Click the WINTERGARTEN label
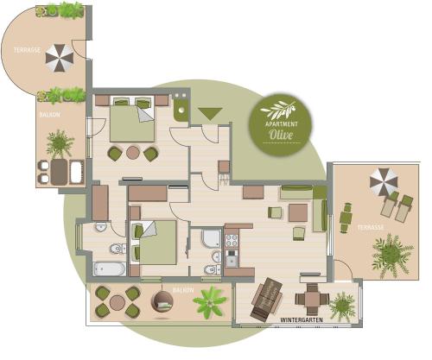point(302,319)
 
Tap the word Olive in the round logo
point(281,135)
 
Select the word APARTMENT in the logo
point(282,124)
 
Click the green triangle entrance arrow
point(210,113)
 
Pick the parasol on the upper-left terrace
point(60,58)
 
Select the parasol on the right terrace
point(384,182)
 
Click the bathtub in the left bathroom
point(110,268)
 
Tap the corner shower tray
point(212,238)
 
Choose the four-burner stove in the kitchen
point(232,241)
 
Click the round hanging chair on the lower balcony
point(162,301)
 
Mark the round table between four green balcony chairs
point(118,302)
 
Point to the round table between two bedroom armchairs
point(133,153)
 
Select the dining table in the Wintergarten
point(312,300)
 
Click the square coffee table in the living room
point(298,212)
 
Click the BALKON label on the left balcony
point(49,115)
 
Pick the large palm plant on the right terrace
point(392,256)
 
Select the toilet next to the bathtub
point(118,249)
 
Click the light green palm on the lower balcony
point(210,302)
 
